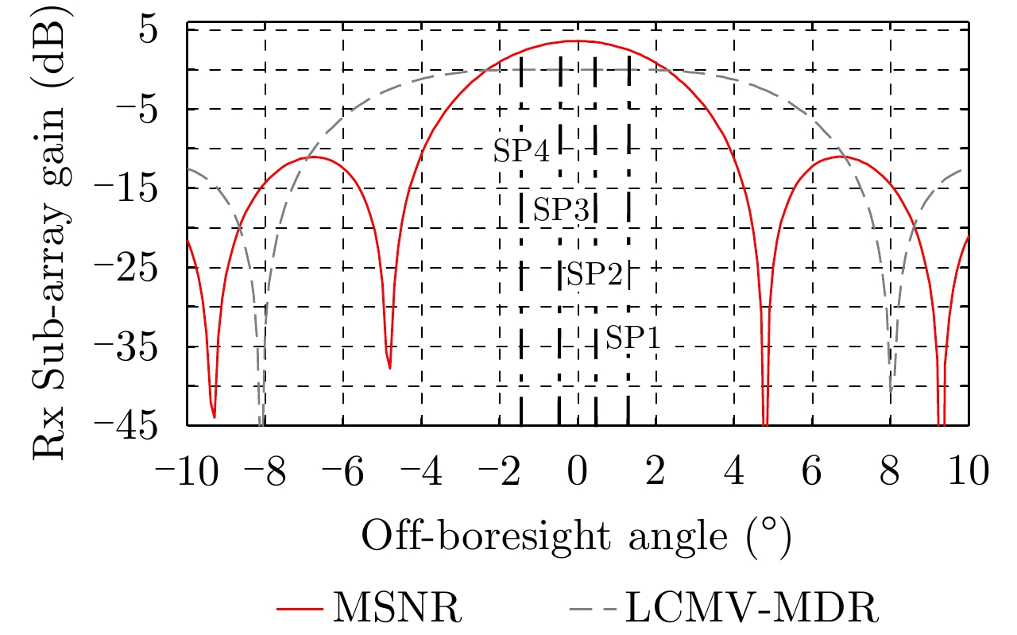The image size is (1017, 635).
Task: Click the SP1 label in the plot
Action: pos(632,339)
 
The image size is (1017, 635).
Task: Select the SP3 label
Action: pos(560,210)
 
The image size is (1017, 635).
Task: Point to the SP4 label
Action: pos(521,151)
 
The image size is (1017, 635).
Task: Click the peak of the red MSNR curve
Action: pos(576,41)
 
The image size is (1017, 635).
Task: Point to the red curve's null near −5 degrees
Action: pos(389,367)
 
